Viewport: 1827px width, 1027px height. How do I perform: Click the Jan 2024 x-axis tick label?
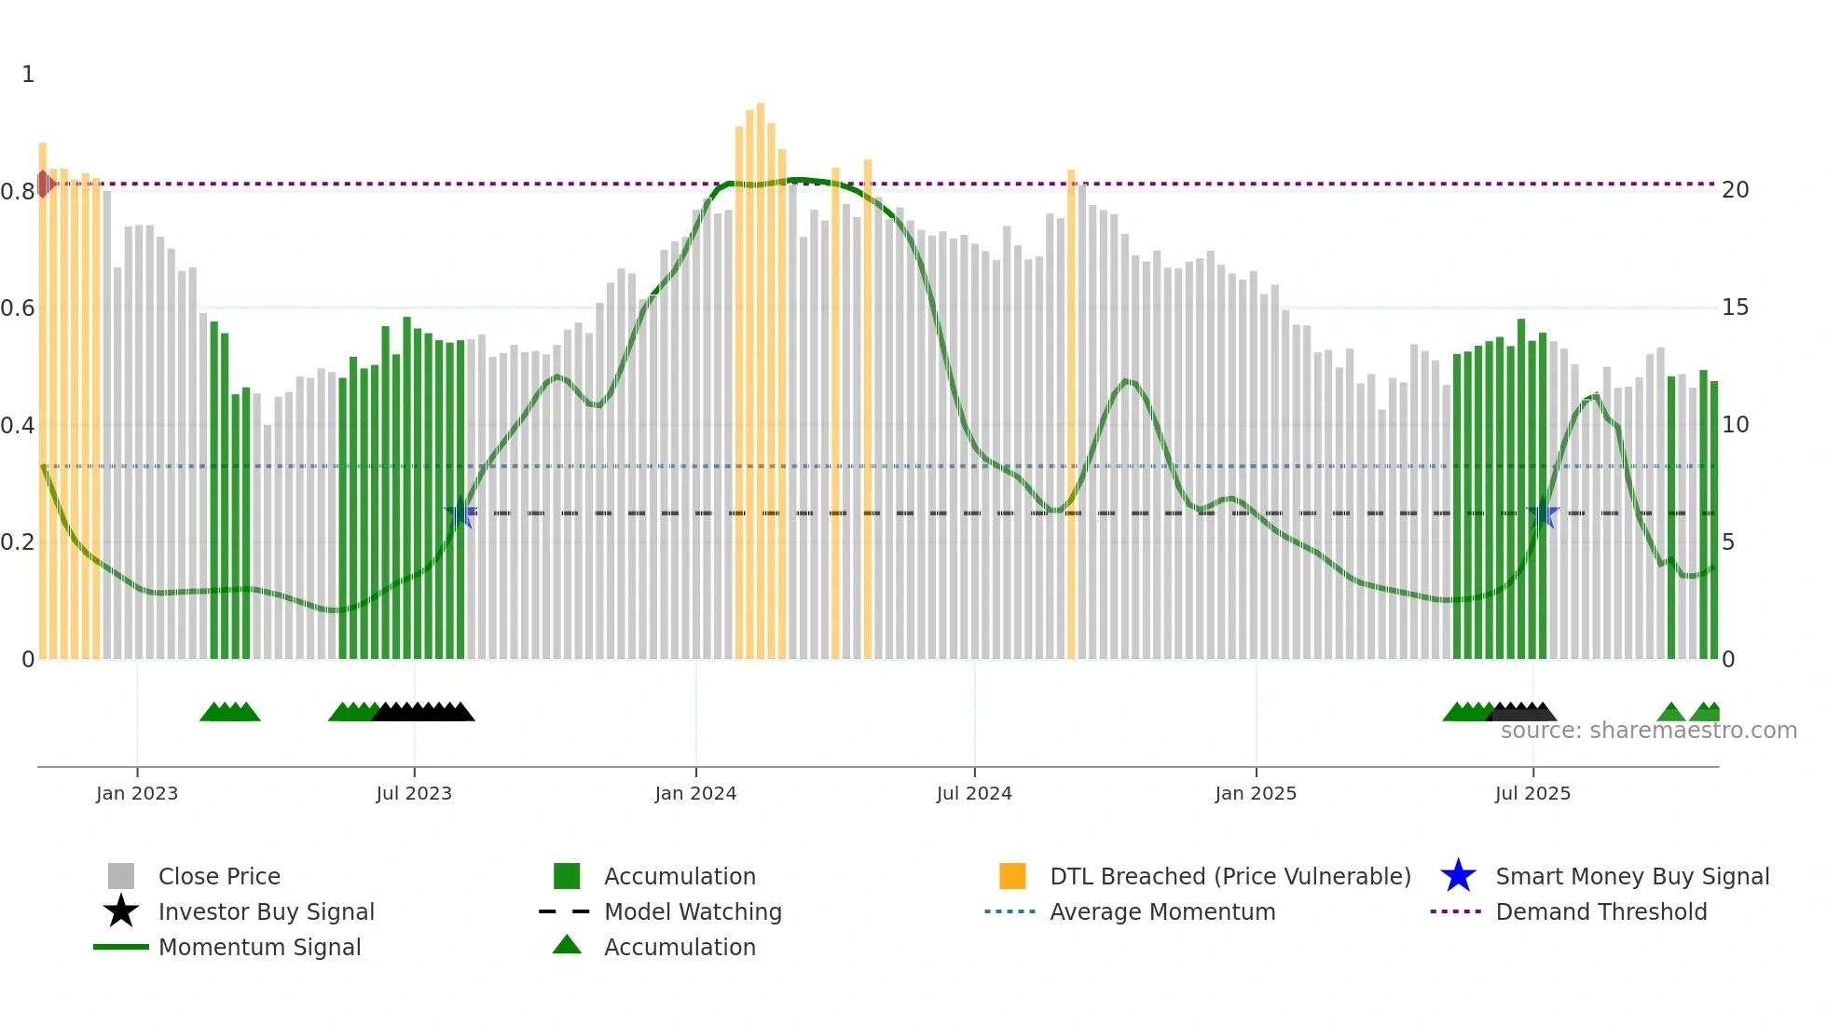click(x=695, y=793)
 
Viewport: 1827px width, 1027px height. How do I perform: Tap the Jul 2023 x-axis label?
click(x=414, y=793)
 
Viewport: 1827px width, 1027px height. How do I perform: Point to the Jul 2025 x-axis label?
click(x=1532, y=793)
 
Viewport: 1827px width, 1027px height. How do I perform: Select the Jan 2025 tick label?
click(x=1256, y=793)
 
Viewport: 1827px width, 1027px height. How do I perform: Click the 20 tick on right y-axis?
click(x=1735, y=190)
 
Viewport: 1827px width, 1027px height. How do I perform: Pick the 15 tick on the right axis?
click(x=1735, y=308)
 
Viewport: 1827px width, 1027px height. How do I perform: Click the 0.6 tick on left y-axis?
click(x=18, y=308)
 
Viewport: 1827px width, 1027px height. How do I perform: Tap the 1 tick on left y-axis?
click(x=28, y=75)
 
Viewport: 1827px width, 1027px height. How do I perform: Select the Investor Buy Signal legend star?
click(x=121, y=911)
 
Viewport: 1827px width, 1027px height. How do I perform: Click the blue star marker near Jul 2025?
click(x=1544, y=513)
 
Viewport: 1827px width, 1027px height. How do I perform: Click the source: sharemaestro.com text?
click(x=1648, y=731)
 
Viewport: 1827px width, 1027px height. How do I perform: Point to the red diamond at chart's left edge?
click(x=44, y=184)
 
